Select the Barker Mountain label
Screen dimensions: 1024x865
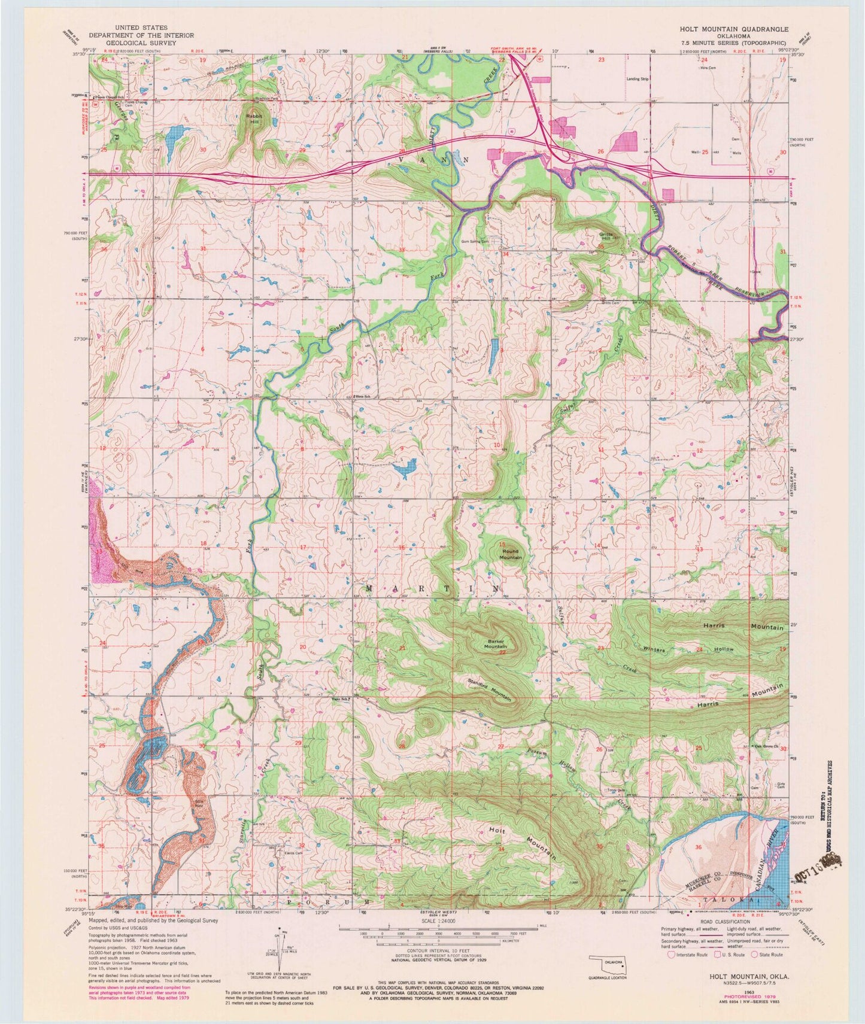(495, 643)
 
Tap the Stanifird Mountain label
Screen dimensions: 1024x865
(490, 689)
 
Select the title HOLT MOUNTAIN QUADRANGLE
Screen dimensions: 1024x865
(735, 29)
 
